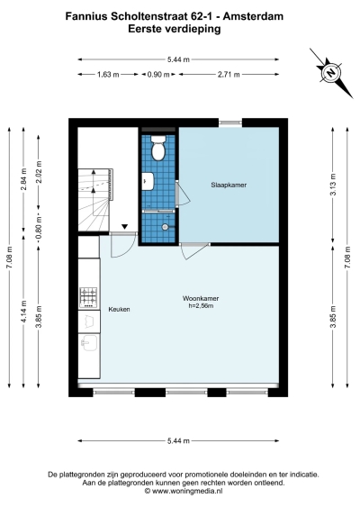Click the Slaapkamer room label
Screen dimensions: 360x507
[229, 185]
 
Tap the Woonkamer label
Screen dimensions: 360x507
[201, 298]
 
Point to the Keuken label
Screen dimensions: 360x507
[119, 310]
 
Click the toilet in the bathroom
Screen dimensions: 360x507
[158, 148]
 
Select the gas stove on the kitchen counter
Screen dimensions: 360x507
[88, 297]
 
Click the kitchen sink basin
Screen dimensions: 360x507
[89, 343]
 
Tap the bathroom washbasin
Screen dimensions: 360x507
[148, 181]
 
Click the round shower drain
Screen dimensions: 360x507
[166, 227]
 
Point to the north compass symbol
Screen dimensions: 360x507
[331, 73]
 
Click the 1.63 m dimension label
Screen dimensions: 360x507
[108, 75]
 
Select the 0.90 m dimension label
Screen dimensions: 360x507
[158, 75]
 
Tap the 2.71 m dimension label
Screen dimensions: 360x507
[229, 75]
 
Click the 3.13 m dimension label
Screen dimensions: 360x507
[333, 185]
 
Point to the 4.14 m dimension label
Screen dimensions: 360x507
[23, 312]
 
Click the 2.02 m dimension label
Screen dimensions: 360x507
[39, 172]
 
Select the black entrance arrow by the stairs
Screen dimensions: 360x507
[124, 227]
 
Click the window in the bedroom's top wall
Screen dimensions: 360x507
[230, 122]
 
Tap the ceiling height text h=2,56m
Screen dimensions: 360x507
[201, 305]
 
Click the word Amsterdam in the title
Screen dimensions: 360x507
[253, 16]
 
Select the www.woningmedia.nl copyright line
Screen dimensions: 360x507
[184, 491]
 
